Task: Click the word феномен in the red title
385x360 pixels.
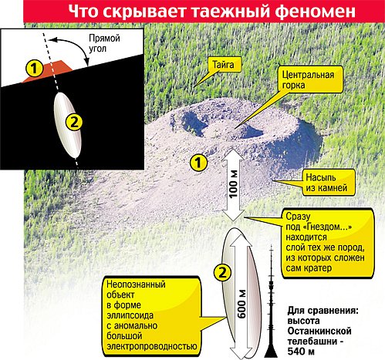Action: tap(315, 12)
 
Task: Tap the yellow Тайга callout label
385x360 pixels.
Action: tap(224, 64)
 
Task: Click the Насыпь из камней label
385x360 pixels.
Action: tap(326, 183)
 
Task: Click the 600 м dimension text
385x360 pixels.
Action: tap(241, 304)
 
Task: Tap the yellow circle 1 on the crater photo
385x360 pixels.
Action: tap(198, 163)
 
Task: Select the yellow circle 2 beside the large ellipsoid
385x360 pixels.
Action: tap(222, 272)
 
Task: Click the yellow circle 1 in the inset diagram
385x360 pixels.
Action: tap(34, 69)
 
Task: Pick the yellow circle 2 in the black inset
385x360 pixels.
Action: tap(74, 123)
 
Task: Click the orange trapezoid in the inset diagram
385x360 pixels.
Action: tap(49, 71)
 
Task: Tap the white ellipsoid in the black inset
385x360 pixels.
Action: tap(68, 125)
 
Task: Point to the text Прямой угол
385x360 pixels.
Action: tap(104, 43)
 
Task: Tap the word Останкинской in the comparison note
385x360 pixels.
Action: tap(319, 331)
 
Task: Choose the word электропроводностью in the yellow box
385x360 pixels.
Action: tap(152, 346)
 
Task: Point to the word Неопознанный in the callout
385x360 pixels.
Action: tap(136, 284)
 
